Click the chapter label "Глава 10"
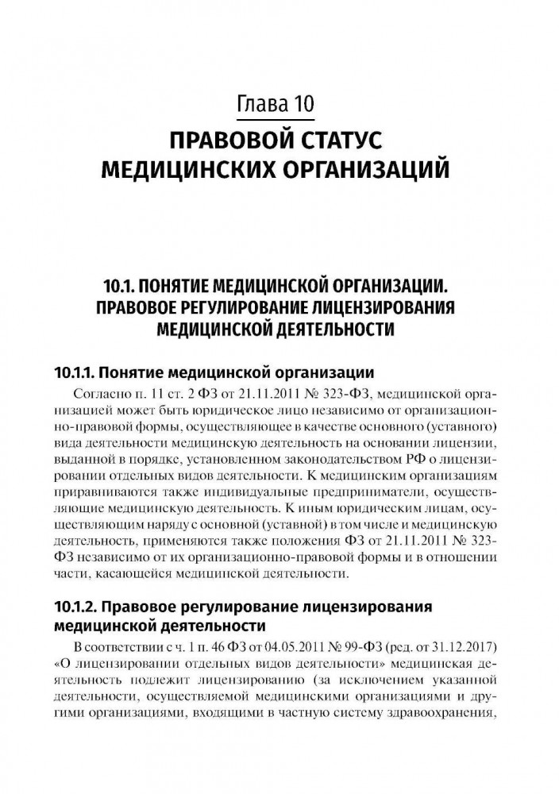click(279, 103)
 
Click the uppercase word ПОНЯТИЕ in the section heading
click(178, 284)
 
